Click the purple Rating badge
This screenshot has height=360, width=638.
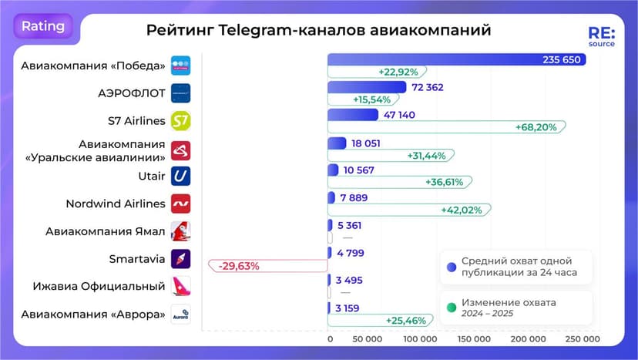coord(42,25)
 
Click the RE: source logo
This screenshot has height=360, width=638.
coord(601,38)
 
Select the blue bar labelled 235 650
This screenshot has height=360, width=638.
coord(456,59)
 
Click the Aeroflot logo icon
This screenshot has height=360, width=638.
coord(180,93)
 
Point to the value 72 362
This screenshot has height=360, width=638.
coord(428,87)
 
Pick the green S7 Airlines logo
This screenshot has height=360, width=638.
coord(180,121)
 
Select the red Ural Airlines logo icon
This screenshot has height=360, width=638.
coord(180,150)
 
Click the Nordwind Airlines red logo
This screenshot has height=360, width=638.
coord(180,204)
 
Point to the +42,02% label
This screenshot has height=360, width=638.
coord(461,210)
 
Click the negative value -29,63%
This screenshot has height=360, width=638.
coord(239,266)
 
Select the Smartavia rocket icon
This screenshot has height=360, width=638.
coord(180,259)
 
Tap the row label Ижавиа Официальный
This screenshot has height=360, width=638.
coord(99,287)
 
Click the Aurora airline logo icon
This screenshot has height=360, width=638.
coord(180,315)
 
